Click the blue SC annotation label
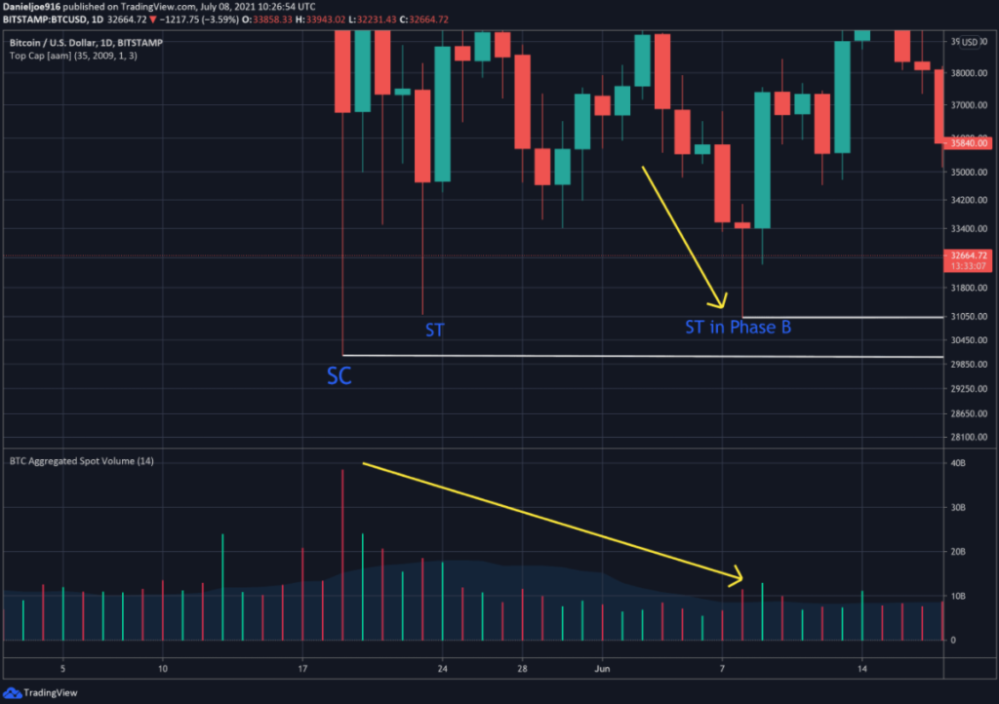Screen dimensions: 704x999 339,376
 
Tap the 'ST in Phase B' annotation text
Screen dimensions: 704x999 738,328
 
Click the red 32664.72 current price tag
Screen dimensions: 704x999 967,255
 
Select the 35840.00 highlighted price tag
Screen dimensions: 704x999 969,143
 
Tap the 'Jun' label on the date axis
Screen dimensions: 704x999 602,669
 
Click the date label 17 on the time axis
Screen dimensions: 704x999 302,669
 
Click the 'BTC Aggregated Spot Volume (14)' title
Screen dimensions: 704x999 81,459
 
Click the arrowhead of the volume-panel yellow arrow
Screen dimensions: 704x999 739,579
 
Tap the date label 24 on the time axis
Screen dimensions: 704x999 442,669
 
